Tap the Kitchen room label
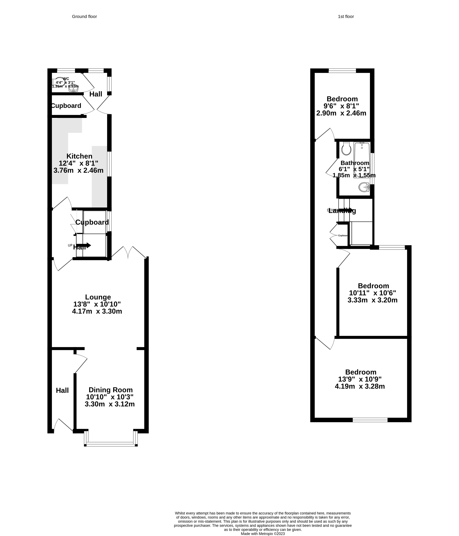coord(79,156)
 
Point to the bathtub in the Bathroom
coord(362,160)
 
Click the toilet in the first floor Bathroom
coord(346,149)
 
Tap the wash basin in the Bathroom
coord(364,187)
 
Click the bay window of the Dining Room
coord(111,444)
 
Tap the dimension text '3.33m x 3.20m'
coord(372,300)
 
